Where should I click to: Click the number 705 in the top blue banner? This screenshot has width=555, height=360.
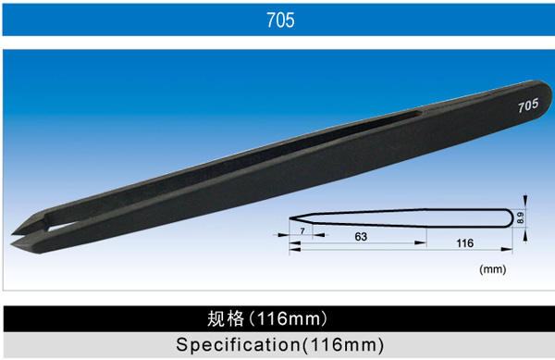click(x=280, y=19)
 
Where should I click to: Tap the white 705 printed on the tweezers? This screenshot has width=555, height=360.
click(x=528, y=106)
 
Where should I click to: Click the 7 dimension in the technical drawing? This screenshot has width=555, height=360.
click(x=302, y=230)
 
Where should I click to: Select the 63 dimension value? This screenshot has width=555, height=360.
click(x=361, y=237)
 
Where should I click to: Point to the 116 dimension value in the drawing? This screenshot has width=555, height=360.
click(x=464, y=243)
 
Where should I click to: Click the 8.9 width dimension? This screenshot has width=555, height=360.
click(x=520, y=217)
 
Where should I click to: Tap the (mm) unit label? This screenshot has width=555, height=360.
click(x=492, y=269)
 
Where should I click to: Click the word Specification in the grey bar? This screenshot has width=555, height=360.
click(x=239, y=345)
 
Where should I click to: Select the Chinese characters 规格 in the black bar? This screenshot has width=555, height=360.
click(x=226, y=318)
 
